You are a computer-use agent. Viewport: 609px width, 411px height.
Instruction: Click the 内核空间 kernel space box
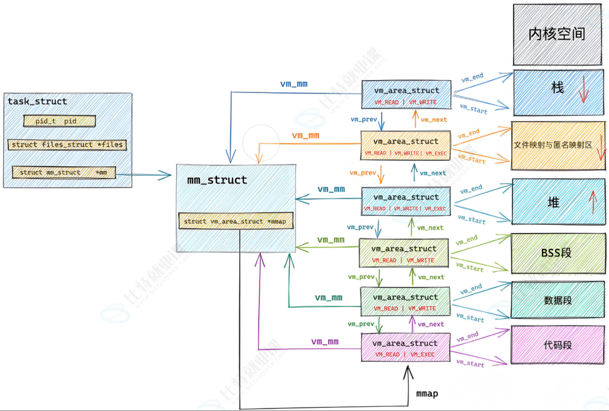point(557,34)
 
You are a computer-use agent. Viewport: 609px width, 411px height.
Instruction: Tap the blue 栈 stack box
point(558,92)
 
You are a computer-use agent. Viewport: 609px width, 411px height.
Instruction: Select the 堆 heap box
point(558,202)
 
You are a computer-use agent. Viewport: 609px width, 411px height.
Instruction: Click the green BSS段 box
point(558,253)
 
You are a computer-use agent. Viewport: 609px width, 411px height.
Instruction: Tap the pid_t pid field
point(59,121)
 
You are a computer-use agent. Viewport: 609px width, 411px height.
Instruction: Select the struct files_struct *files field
point(67,145)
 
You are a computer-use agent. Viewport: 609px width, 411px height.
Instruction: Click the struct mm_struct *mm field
point(64,172)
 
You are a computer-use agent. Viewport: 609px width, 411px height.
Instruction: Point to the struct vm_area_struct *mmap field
point(235,221)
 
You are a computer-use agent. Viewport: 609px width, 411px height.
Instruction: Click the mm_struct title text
point(217,180)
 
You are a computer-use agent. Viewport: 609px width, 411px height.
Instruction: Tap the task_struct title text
point(37,101)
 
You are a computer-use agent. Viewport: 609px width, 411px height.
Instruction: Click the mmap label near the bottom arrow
point(427,394)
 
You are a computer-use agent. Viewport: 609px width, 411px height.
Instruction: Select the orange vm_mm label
point(306,136)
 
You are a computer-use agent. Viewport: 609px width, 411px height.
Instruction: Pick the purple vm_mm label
point(325,342)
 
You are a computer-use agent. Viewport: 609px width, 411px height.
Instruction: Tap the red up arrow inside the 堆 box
point(593,202)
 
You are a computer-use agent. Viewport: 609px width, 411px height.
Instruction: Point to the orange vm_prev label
point(363,173)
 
